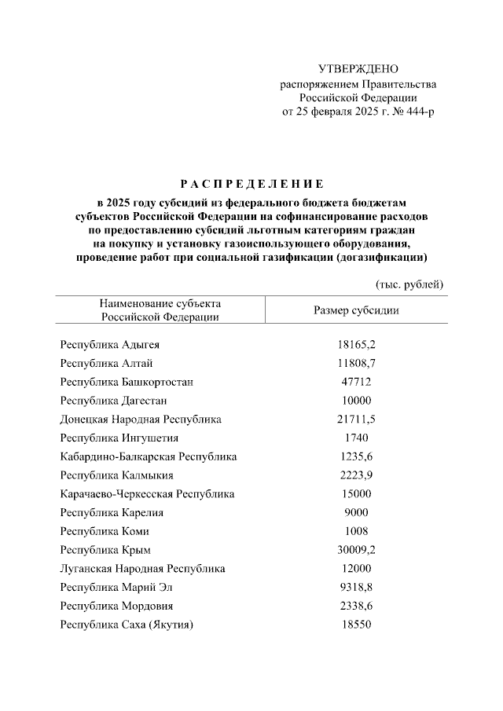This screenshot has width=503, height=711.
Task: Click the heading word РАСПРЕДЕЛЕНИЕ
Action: pyautogui.click(x=251, y=185)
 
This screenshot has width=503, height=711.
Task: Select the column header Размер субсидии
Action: pyautogui.click(x=356, y=310)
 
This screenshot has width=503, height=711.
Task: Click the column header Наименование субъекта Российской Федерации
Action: pyautogui.click(x=160, y=310)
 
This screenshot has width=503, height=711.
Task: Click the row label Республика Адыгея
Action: pyautogui.click(x=111, y=344)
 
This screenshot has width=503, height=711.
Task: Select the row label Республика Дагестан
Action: pyautogui.click(x=113, y=401)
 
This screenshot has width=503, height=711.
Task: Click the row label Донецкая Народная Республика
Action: pyautogui.click(x=141, y=420)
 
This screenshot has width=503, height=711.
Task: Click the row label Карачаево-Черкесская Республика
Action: pyautogui.click(x=147, y=494)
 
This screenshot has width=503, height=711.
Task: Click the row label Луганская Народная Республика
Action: pyautogui.click(x=142, y=569)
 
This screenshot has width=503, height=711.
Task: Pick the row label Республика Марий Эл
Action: pyautogui.click(x=116, y=588)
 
